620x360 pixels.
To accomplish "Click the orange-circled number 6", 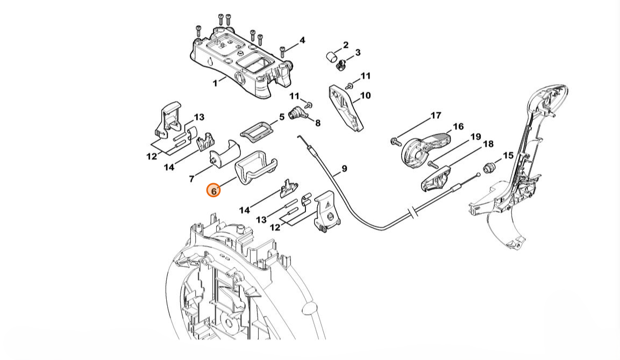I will click(213, 190).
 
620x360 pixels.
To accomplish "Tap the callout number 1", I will click(215, 83).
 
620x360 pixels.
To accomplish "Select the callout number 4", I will click(302, 40).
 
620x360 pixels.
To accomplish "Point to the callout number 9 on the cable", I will click(344, 169).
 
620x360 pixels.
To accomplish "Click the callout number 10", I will click(365, 96).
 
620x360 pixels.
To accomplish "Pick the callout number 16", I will click(458, 127).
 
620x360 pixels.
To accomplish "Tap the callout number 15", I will click(508, 155).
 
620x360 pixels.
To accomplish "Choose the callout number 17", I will click(436, 116).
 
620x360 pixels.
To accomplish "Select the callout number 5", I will click(281, 117).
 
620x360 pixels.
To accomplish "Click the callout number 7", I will click(191, 178).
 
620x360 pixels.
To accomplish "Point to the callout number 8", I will click(318, 123).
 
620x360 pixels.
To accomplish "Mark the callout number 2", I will click(345, 45).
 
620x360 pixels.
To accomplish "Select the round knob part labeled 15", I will click(489, 167).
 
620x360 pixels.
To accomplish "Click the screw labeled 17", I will click(396, 141).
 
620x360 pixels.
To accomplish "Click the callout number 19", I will click(475, 137).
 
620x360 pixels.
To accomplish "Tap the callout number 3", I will click(358, 53).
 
